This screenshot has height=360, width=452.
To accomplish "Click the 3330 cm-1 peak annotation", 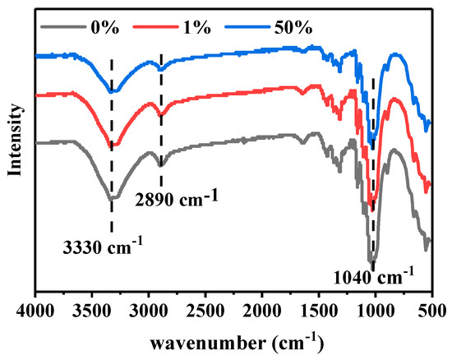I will click(x=104, y=243).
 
